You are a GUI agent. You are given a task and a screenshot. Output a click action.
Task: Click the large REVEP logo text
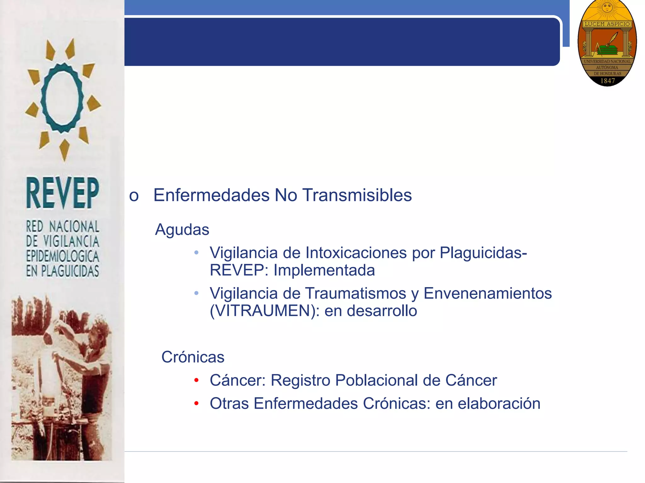(x=62, y=193)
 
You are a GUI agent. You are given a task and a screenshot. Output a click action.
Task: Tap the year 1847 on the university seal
(x=608, y=81)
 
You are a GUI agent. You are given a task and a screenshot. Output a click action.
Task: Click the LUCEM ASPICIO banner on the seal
(x=607, y=24)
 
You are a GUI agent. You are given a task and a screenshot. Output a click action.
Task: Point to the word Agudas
(x=182, y=230)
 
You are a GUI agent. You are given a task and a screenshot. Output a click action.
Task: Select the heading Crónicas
(x=193, y=357)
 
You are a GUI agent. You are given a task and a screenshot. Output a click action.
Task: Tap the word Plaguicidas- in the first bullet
(x=483, y=253)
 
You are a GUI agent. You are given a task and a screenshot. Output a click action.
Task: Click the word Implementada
(x=324, y=270)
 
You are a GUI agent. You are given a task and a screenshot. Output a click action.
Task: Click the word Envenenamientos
(x=488, y=293)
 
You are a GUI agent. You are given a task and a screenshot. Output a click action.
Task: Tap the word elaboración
(x=499, y=403)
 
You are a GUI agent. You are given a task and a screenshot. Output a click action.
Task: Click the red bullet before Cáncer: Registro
(x=197, y=380)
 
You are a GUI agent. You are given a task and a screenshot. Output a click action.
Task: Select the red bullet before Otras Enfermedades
(x=197, y=404)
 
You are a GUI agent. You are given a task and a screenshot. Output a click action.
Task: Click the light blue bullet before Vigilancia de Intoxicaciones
(x=197, y=253)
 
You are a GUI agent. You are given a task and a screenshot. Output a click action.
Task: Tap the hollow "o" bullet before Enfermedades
(x=134, y=196)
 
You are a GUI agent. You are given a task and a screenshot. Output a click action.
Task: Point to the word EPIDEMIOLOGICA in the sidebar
(x=62, y=256)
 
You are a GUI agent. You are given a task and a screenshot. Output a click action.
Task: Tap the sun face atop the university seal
(x=607, y=7)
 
